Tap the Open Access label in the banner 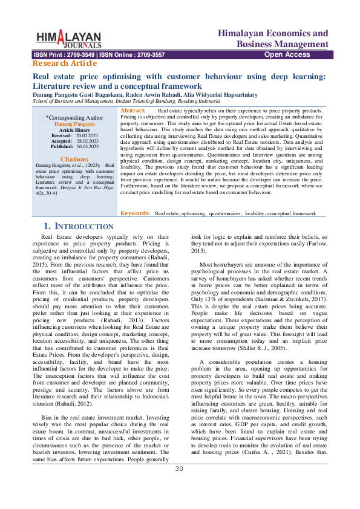coord(287,55)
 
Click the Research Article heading coord(64,63)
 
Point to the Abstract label coord(133,111)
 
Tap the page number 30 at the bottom coord(179,486)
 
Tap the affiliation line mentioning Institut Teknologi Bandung coord(126,102)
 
